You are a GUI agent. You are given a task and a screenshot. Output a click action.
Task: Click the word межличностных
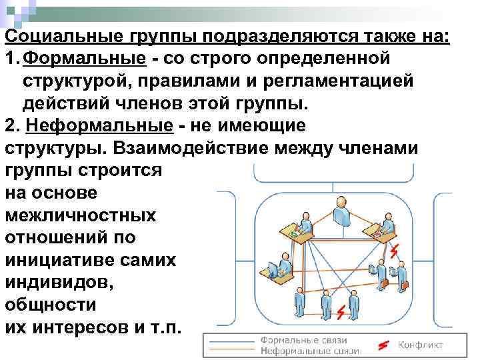(x=80, y=215)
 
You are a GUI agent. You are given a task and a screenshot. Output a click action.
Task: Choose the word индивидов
(x=59, y=283)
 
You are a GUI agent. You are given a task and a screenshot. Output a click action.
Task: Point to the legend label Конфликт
(x=421, y=345)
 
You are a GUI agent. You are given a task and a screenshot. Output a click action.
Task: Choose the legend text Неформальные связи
(x=309, y=350)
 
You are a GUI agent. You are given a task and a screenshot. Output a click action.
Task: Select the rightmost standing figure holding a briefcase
(x=402, y=276)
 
